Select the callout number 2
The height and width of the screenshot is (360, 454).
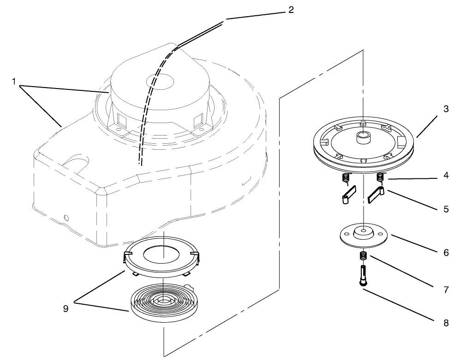(x=291, y=10)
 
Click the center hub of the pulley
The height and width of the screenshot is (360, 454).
(x=363, y=137)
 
